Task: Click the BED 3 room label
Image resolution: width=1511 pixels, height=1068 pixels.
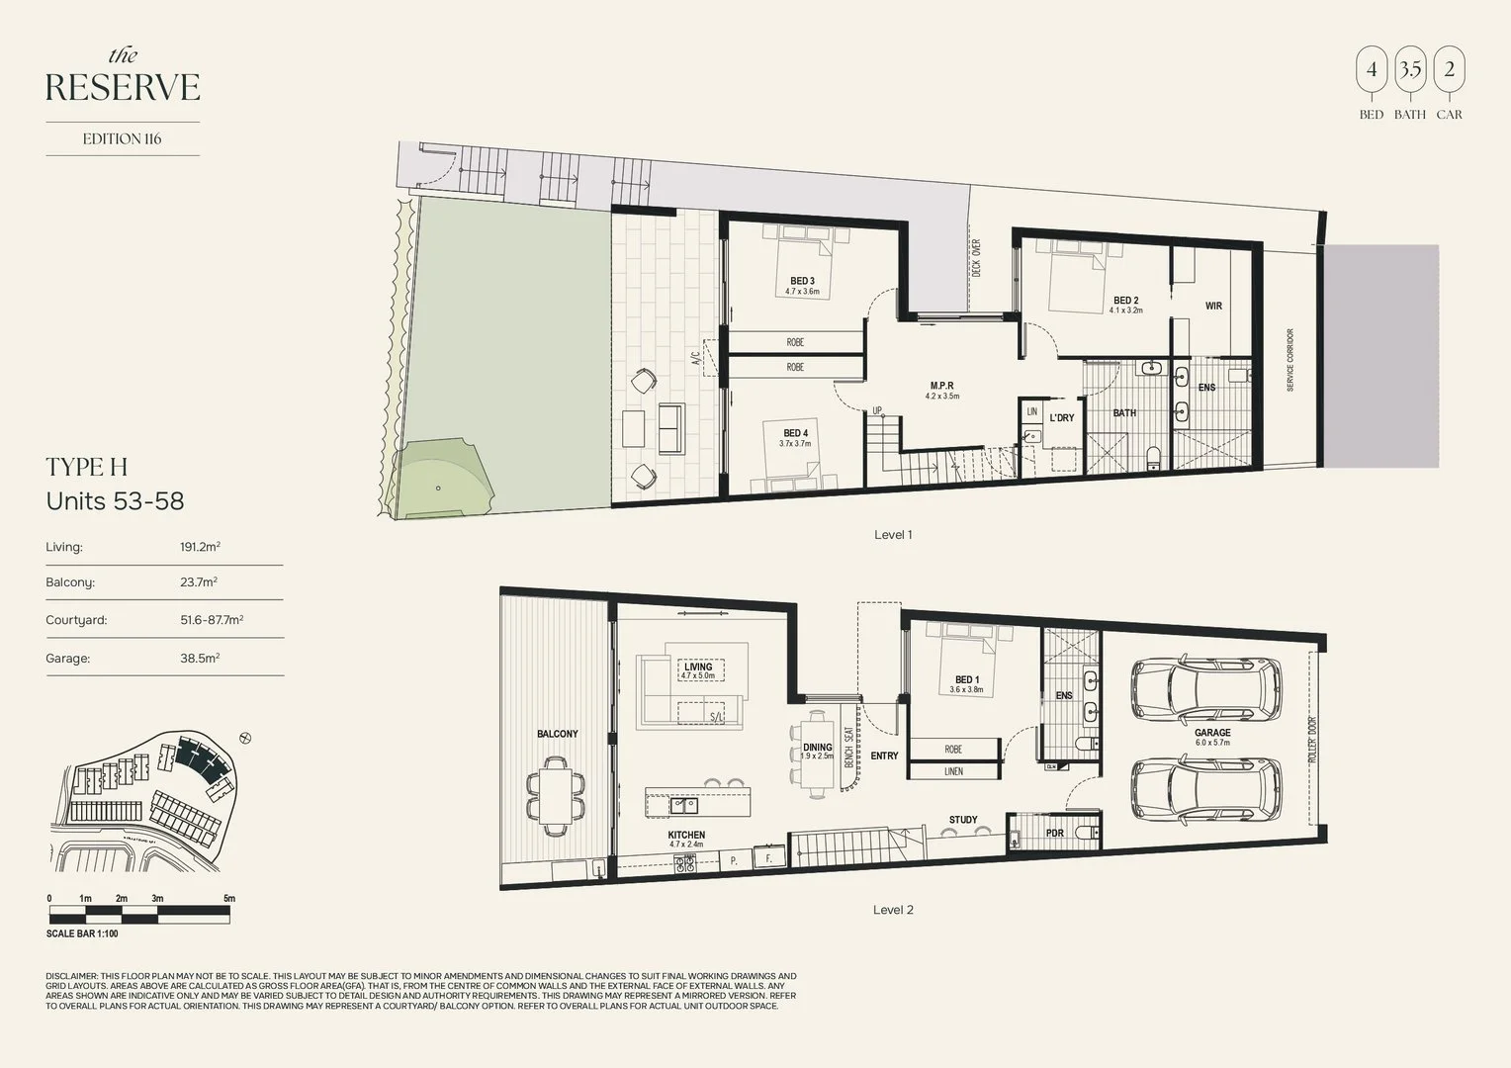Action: pyautogui.click(x=802, y=281)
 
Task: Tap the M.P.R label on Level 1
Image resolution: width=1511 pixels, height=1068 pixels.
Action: pyautogui.click(x=941, y=386)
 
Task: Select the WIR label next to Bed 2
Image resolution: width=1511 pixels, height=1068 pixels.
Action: pyautogui.click(x=1213, y=307)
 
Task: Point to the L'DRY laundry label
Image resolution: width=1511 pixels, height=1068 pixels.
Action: pyautogui.click(x=1062, y=418)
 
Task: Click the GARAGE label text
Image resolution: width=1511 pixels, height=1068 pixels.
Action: pyautogui.click(x=1212, y=733)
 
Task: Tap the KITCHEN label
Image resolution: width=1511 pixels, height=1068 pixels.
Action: pyautogui.click(x=686, y=836)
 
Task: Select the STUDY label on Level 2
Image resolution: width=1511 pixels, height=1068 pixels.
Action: pyautogui.click(x=962, y=820)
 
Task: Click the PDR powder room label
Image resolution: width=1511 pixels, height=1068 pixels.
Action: pyautogui.click(x=1054, y=834)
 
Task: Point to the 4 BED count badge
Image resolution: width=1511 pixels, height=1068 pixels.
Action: pyautogui.click(x=1371, y=71)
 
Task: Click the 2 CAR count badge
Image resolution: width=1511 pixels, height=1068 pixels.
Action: pyautogui.click(x=1449, y=71)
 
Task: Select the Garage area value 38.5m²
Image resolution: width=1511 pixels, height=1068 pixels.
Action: pyautogui.click(x=200, y=658)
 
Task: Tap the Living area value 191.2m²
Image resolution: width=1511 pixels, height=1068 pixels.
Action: pyautogui.click(x=200, y=547)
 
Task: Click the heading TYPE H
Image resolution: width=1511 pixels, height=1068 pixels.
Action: pyautogui.click(x=87, y=467)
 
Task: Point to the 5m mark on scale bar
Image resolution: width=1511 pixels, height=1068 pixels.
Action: pyautogui.click(x=229, y=899)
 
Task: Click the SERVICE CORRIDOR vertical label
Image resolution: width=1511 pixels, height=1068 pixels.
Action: pyautogui.click(x=1290, y=360)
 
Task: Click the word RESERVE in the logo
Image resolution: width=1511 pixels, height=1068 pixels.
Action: pyautogui.click(x=123, y=88)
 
